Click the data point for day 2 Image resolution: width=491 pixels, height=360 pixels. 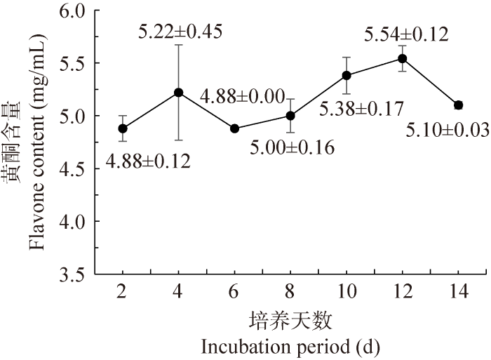tap(123, 128)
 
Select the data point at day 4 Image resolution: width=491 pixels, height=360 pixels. tap(179, 92)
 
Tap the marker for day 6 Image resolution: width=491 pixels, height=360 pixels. tap(234, 128)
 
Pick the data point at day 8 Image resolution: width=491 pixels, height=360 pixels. tap(290, 115)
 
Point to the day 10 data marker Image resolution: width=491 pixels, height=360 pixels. tap(347, 75)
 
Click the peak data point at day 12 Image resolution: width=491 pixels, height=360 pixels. tap(402, 58)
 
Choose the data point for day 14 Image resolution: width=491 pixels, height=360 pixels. tap(458, 105)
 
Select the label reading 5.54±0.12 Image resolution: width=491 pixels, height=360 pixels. tap(407, 34)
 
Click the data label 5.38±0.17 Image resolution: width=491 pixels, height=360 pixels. tap(362, 109)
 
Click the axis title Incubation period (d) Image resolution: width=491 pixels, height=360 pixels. tap(290, 346)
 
